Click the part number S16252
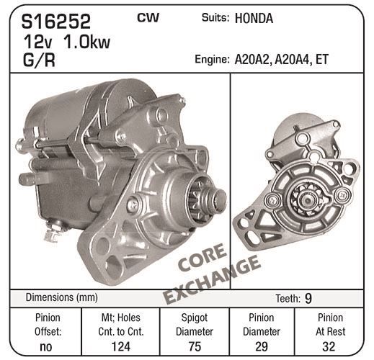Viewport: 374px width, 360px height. pos(55,22)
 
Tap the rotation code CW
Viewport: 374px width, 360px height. pos(148,17)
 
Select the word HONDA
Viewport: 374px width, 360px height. pos(254,19)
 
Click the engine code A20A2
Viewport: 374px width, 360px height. pos(253,60)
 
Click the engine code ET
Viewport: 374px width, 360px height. pos(322,59)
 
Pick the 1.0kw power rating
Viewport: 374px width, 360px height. pos(84,42)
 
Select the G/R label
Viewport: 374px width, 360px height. pos(39,60)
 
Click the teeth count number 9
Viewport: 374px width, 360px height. pos(308,298)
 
